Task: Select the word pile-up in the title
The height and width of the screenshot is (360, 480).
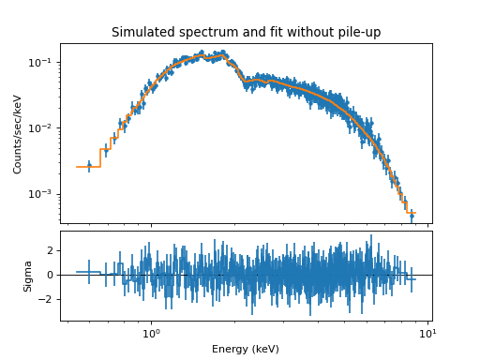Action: (357, 33)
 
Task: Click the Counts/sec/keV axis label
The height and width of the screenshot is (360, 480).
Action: (18, 133)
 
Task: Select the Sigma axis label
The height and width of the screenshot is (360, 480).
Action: (28, 276)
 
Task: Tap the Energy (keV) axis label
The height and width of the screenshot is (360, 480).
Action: (246, 349)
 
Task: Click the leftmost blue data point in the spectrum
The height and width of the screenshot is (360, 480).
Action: (89, 167)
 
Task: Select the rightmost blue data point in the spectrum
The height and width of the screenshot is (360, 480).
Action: (412, 215)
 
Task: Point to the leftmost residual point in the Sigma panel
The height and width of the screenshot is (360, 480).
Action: (89, 272)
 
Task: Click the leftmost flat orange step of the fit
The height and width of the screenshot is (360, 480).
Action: (88, 167)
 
